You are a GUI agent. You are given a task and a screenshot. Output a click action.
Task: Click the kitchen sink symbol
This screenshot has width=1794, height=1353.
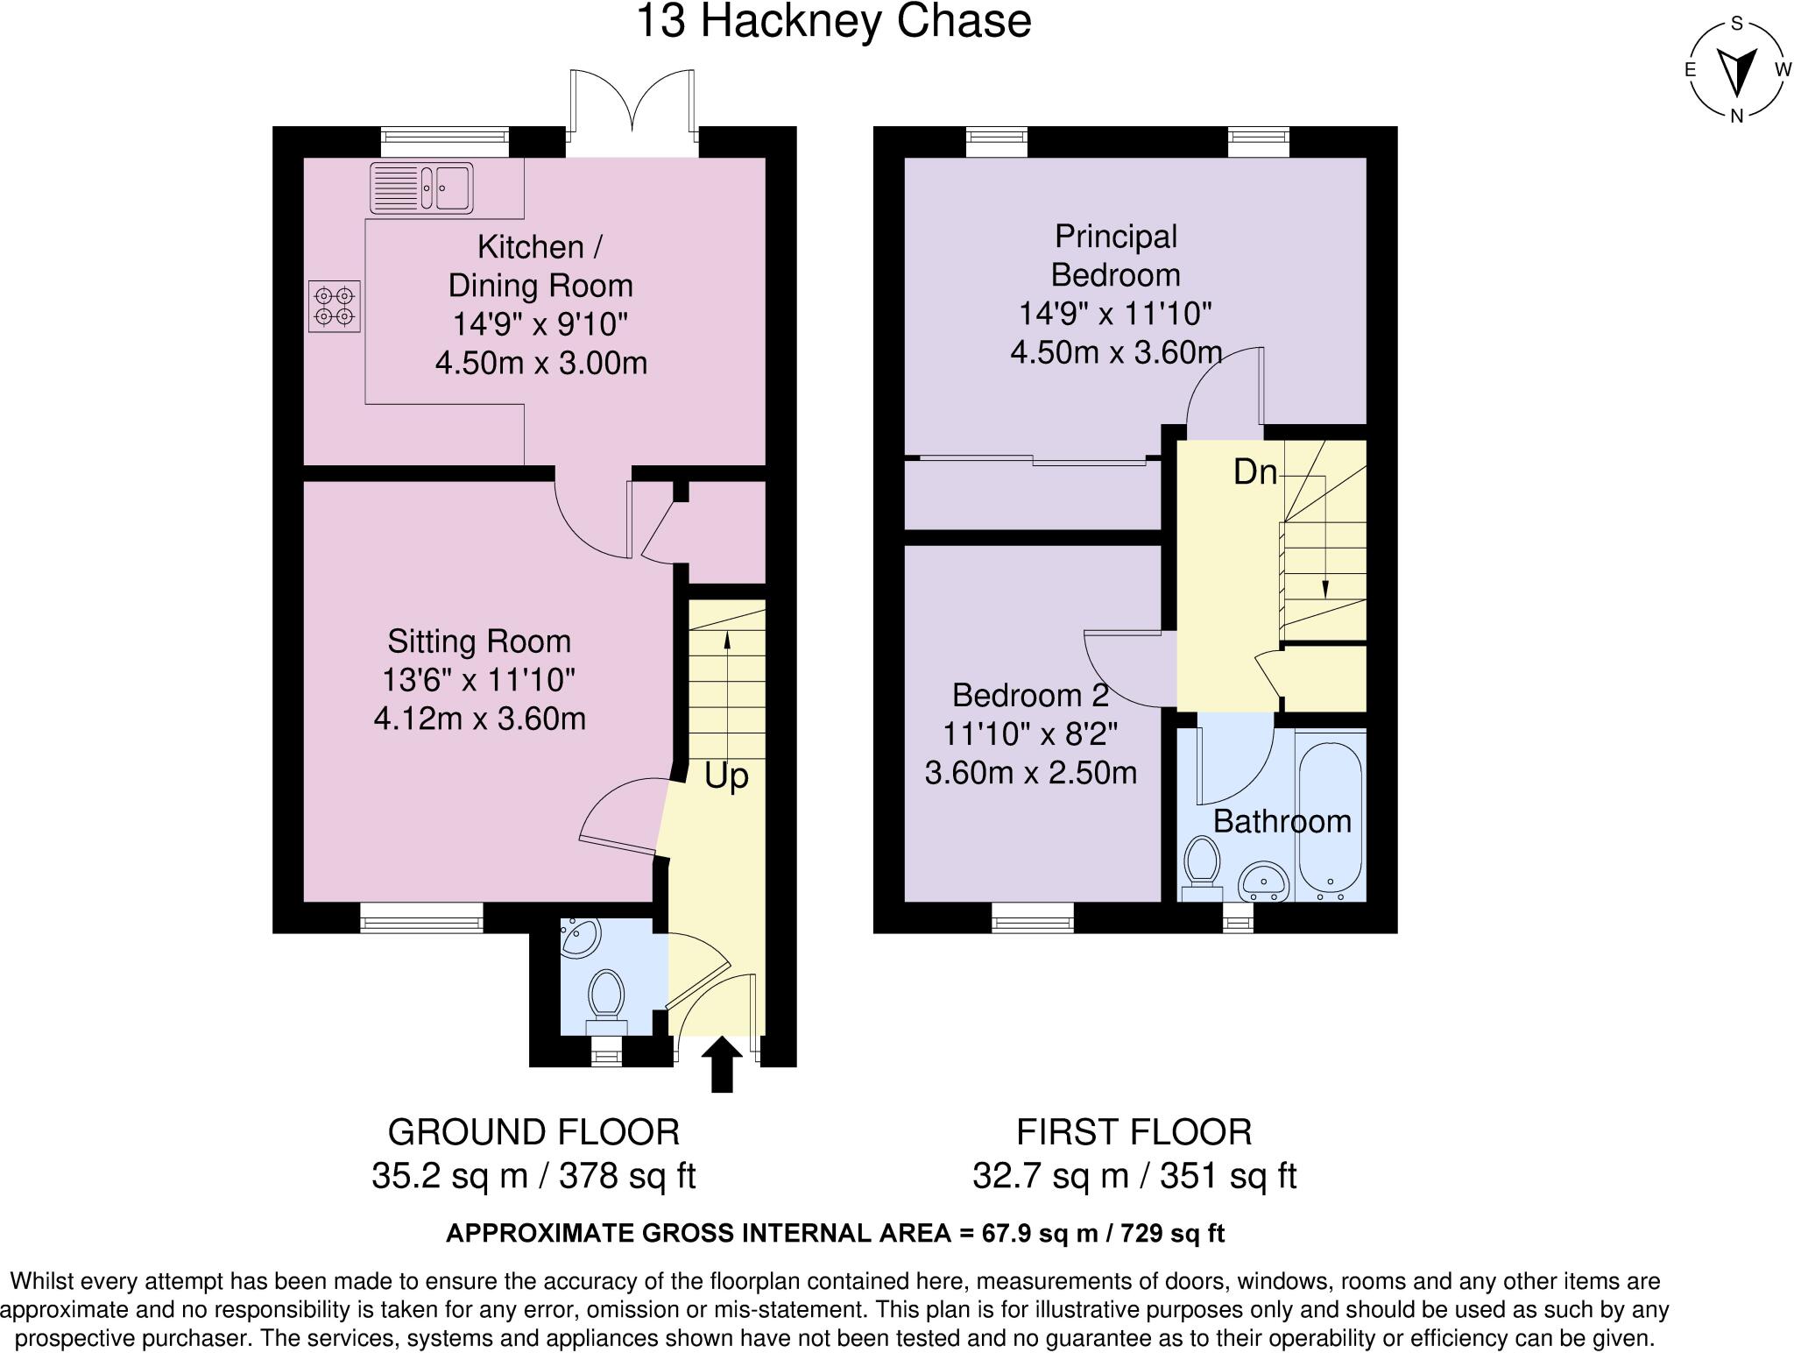421,188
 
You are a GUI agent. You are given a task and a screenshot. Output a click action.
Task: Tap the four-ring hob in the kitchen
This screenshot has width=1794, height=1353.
335,306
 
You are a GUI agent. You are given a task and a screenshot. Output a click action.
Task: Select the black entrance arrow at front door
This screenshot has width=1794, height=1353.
721,1064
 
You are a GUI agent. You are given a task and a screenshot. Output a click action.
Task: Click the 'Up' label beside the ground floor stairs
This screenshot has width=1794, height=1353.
726,776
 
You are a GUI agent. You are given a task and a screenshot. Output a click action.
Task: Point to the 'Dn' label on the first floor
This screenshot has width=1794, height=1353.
1254,472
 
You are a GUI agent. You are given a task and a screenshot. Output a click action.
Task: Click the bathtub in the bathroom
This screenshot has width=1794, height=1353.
1330,815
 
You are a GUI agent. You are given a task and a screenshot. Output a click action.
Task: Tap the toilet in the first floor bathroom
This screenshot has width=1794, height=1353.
1201,866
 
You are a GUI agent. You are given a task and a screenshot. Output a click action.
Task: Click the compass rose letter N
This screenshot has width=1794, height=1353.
1736,115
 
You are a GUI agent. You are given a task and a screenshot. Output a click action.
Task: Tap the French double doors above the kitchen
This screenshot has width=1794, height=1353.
632,110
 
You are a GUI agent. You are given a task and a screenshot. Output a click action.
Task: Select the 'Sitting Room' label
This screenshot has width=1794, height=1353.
479,641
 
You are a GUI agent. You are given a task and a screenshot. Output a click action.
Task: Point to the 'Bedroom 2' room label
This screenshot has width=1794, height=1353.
1030,696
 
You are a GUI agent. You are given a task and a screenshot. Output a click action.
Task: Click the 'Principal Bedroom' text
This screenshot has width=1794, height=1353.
1115,256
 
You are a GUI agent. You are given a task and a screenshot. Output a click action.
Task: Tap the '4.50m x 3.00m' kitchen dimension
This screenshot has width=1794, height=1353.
540,363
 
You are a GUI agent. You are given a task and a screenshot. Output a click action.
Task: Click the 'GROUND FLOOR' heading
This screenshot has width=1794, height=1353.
533,1132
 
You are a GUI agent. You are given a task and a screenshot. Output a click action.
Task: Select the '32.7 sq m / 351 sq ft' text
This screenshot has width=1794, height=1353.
1134,1176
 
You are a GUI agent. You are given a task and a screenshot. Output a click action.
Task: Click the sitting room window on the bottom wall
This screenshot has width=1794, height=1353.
421,917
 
